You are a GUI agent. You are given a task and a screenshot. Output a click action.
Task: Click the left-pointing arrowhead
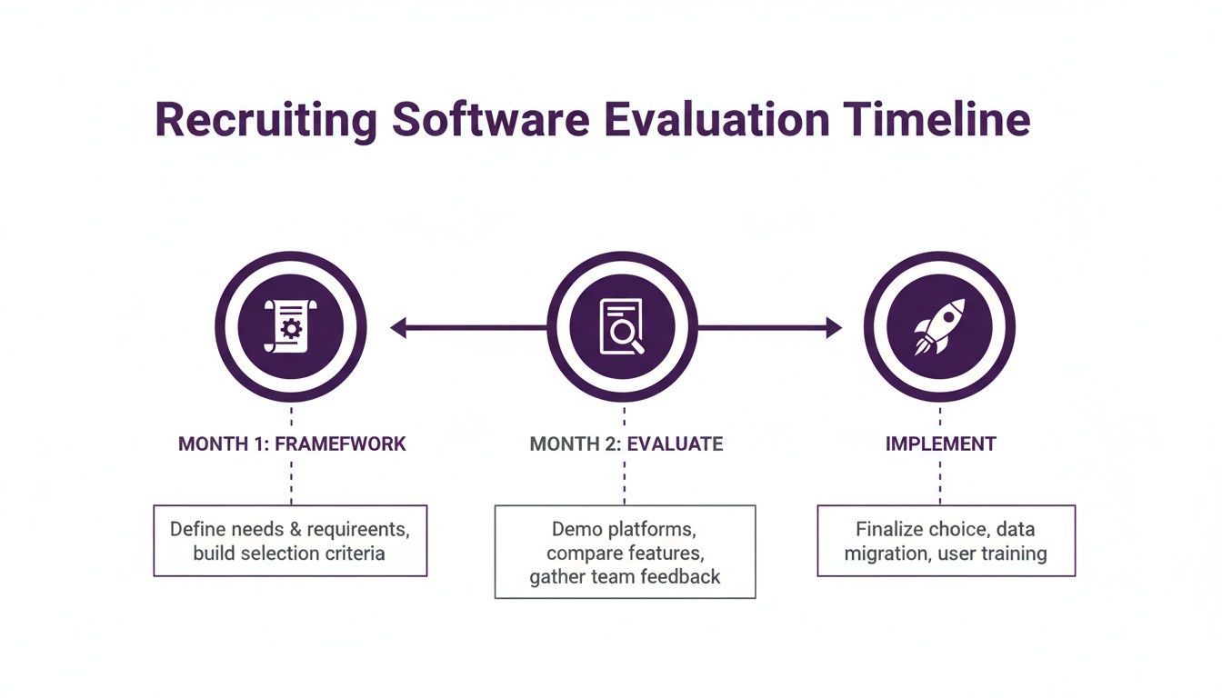[398, 328]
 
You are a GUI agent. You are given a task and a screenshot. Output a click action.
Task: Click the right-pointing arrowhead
[833, 328]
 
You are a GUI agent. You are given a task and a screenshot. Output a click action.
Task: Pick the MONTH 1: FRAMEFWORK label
[291, 444]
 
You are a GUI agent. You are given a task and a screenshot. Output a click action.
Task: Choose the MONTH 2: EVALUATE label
[626, 444]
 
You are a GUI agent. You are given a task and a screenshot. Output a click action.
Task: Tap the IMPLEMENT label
[940, 444]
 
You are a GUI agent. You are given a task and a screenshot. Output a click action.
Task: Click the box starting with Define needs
[290, 541]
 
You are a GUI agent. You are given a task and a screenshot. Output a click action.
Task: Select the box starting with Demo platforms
[625, 553]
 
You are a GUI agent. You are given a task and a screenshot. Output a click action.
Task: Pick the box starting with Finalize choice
[946, 541]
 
